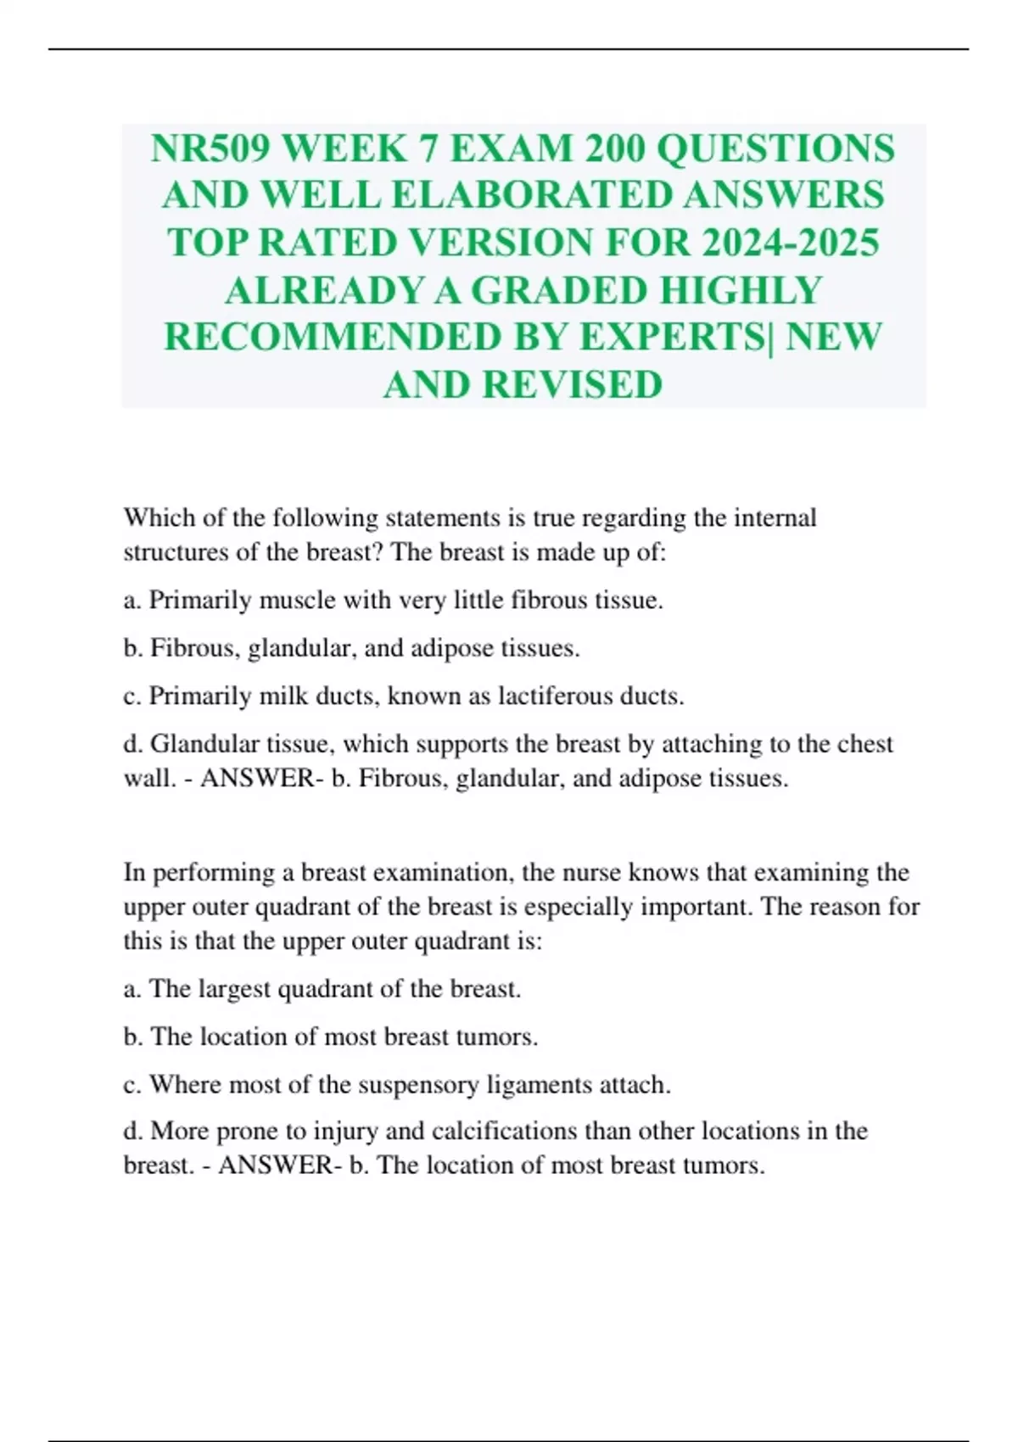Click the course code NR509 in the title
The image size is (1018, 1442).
[x=210, y=148]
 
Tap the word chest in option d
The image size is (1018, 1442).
[x=864, y=743]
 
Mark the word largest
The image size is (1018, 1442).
[x=233, y=988]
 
